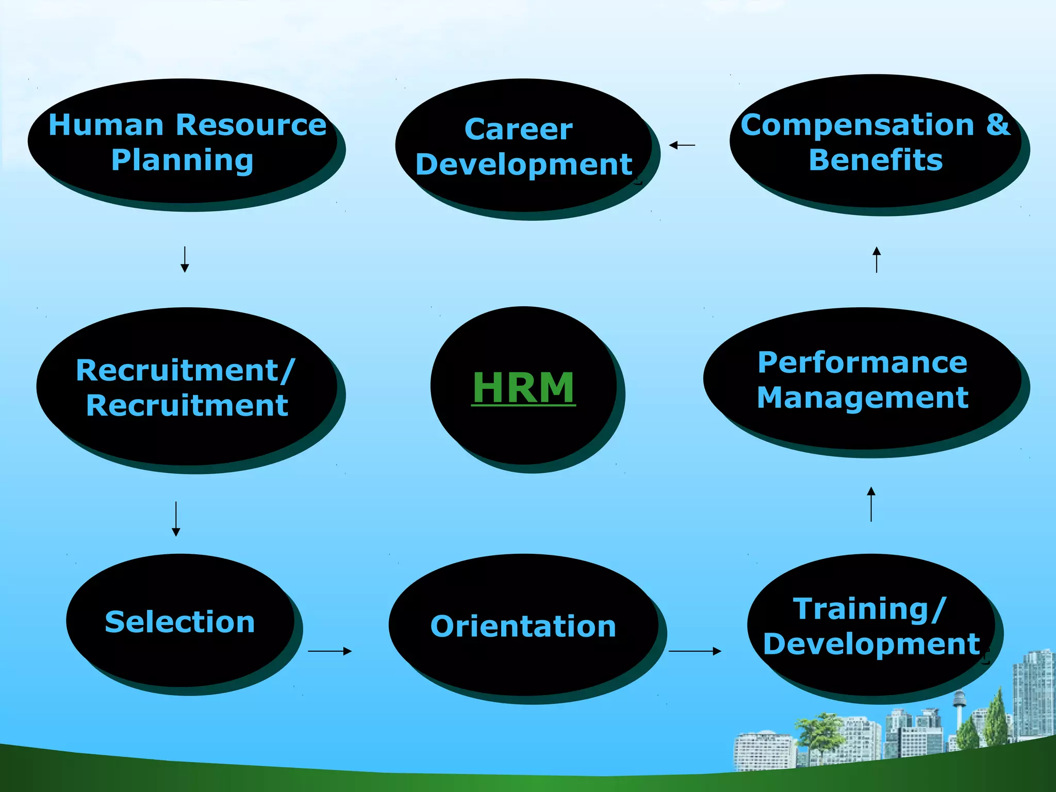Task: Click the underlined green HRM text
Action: [x=523, y=388]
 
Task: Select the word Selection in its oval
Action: [x=180, y=622]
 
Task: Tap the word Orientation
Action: [x=523, y=626]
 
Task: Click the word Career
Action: [x=518, y=129]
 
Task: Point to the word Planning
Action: [x=183, y=160]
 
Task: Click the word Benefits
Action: [x=876, y=160]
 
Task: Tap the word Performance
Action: [x=862, y=362]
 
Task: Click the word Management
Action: [x=863, y=398]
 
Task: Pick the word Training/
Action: [x=869, y=609]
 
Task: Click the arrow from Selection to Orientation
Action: [x=329, y=651]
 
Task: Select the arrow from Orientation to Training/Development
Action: [x=695, y=651]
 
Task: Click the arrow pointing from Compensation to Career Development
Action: [x=682, y=145]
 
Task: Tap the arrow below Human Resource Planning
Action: [x=185, y=259]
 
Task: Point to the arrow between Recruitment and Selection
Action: [x=176, y=519]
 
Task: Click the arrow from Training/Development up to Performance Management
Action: [x=871, y=504]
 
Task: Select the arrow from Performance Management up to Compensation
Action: [x=877, y=259]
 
